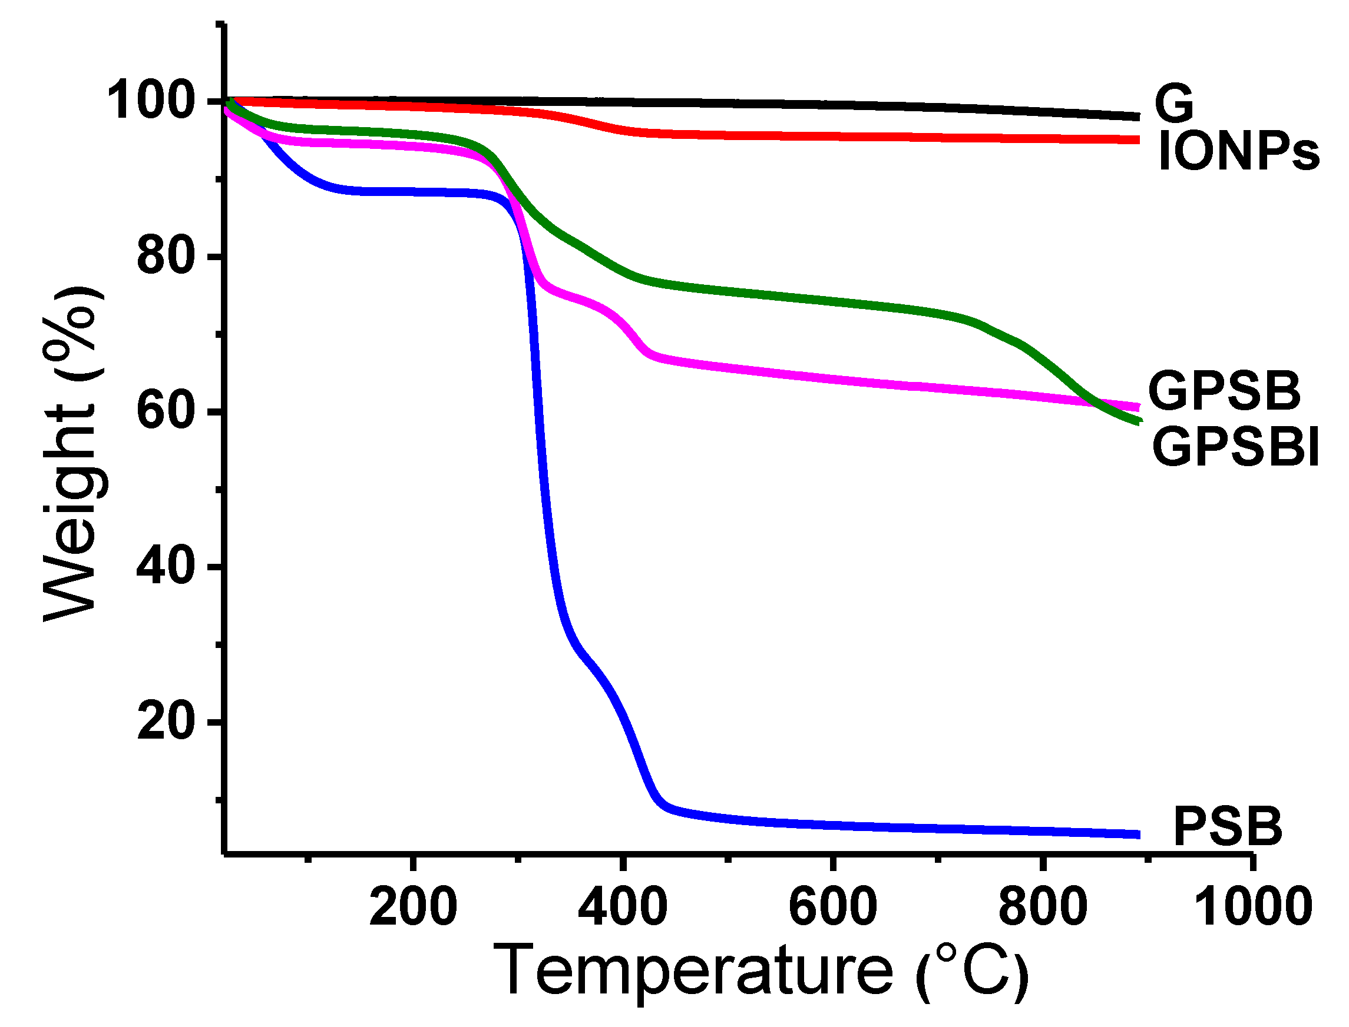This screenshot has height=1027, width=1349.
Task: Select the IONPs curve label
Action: point(1238,153)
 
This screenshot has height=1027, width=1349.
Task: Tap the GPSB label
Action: point(1224,391)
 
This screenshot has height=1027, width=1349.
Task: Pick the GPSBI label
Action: point(1235,448)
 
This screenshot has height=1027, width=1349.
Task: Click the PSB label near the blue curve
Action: point(1227,827)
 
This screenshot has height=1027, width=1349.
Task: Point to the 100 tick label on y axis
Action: point(150,101)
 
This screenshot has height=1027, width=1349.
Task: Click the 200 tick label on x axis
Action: point(413,907)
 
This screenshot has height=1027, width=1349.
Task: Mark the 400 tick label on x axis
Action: point(622,907)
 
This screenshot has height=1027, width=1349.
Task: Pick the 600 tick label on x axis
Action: point(832,907)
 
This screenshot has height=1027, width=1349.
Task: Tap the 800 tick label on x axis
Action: point(1043,907)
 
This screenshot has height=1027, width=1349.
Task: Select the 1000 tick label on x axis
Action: point(1252,907)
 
